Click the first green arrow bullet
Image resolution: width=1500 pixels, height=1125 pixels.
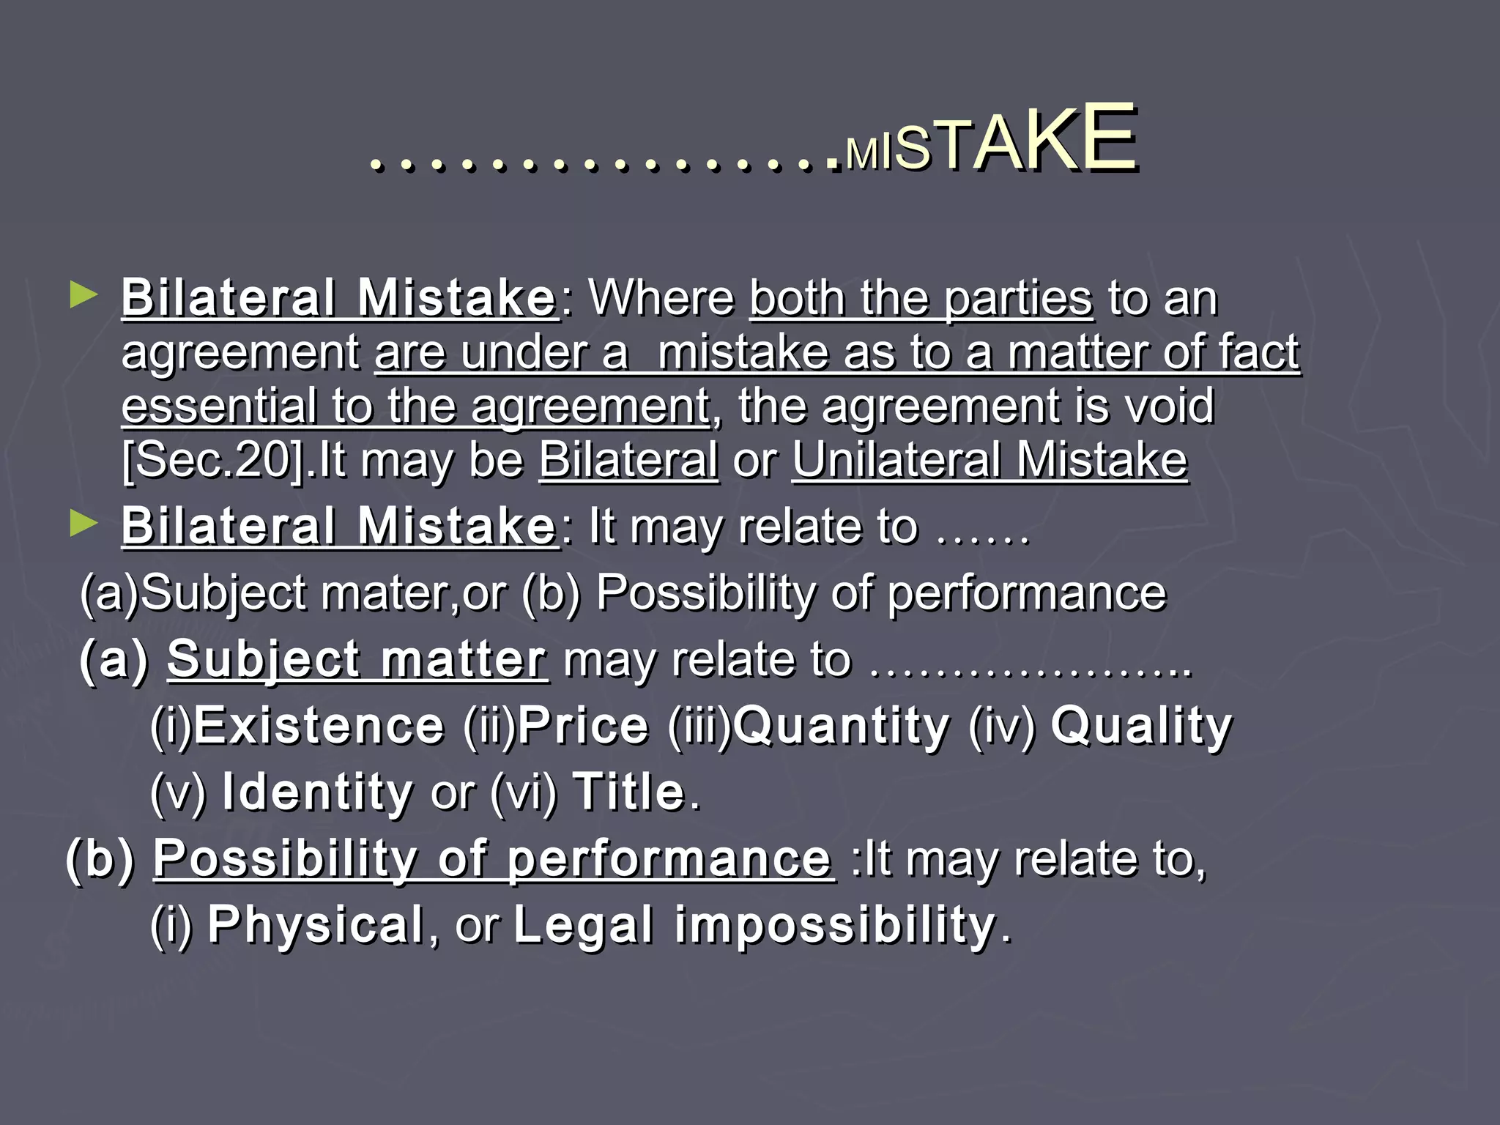tap(83, 296)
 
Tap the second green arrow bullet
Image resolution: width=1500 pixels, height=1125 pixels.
tap(83, 524)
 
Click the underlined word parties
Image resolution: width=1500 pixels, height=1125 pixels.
tap(1018, 300)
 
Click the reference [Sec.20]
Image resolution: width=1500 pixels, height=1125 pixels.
tap(212, 461)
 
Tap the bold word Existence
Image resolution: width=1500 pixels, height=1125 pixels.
tap(319, 726)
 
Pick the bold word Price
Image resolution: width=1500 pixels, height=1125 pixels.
tap(583, 726)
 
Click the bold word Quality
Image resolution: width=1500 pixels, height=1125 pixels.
tap(1141, 727)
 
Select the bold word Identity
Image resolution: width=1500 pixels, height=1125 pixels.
tap(317, 793)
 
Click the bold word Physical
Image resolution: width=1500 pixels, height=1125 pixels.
tap(316, 926)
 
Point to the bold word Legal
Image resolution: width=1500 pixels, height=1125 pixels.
tap(583, 926)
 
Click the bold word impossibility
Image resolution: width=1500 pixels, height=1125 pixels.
tap(835, 926)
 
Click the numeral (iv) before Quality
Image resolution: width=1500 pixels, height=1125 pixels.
tap(1002, 727)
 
